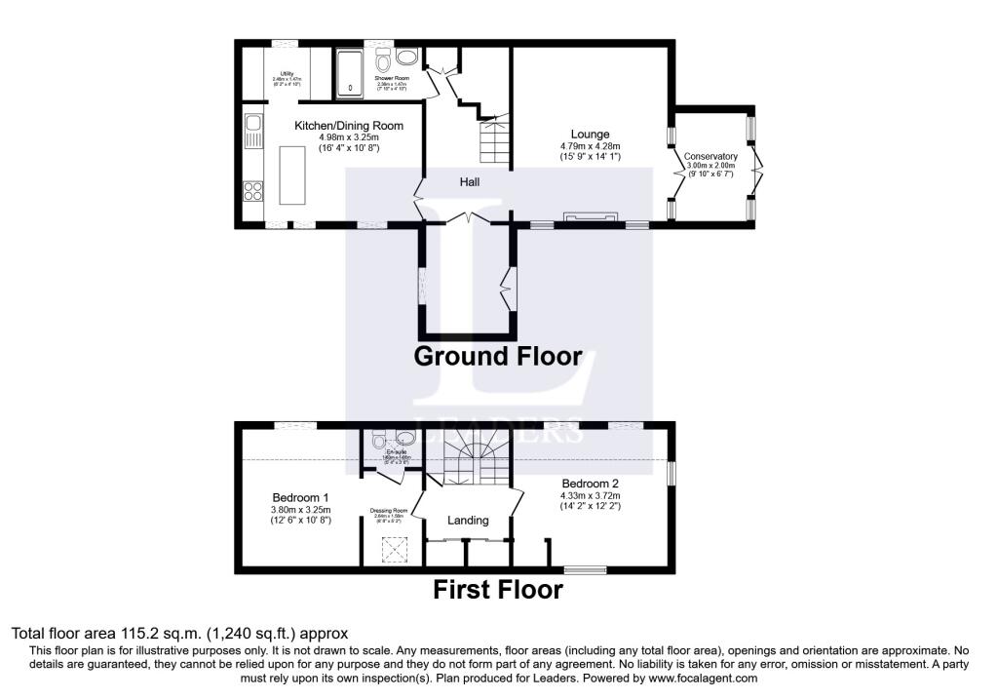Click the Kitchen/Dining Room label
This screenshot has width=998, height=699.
point(349,126)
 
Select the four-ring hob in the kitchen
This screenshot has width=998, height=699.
point(252,189)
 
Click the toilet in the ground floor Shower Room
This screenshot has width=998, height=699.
point(383,56)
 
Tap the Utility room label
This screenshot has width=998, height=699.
point(288,74)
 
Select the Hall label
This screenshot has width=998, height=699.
point(470,181)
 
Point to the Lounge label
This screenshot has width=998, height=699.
point(591,135)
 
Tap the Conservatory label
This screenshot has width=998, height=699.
point(710,156)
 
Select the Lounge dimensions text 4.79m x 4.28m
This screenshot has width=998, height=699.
point(592,146)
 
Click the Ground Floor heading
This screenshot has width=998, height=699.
point(498,356)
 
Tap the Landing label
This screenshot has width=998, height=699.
point(468,521)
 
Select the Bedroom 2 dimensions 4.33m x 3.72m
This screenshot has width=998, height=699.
point(591,494)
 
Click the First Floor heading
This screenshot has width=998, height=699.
point(497,590)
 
